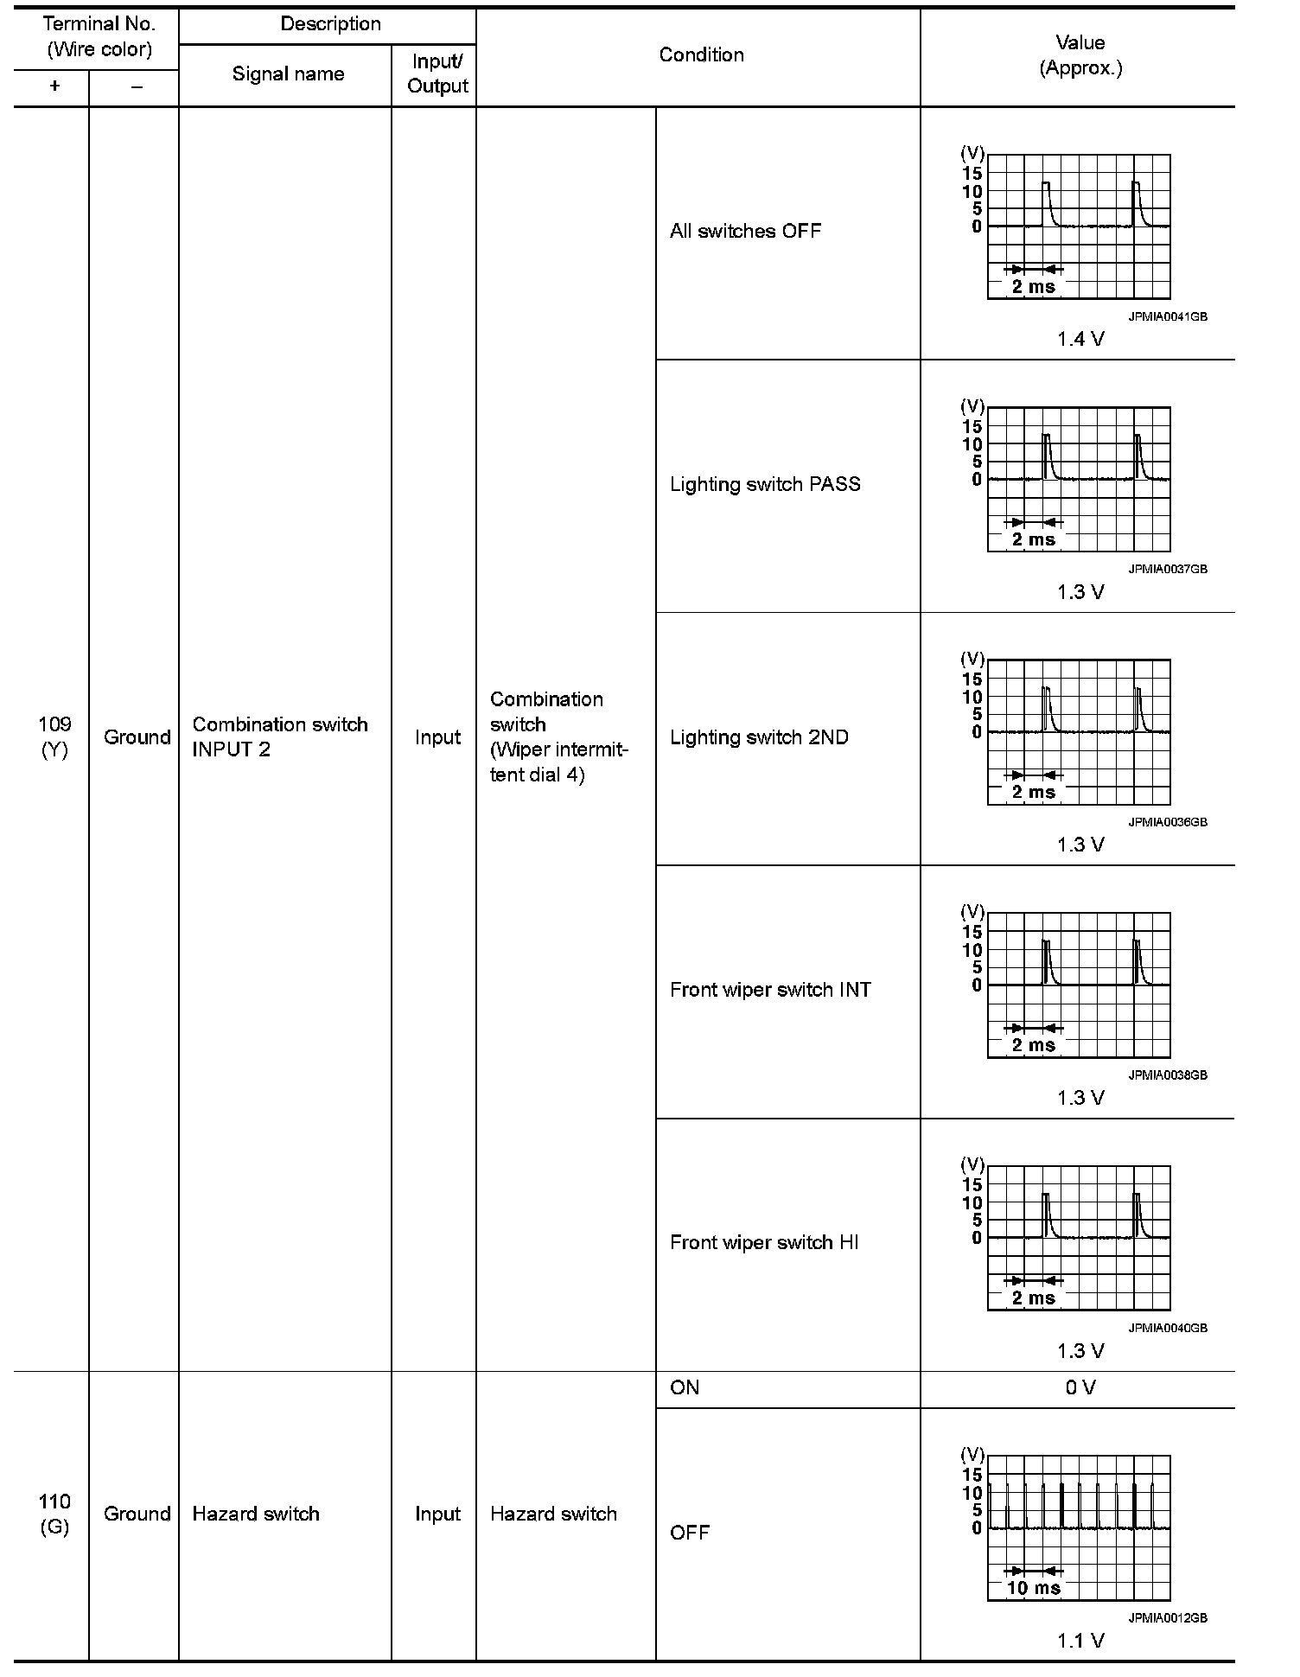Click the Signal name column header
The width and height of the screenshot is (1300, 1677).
coord(288,74)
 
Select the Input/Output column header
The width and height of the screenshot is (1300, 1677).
coord(437,74)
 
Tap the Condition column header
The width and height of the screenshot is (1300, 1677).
coord(701,55)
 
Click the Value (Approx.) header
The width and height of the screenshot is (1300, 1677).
coord(1080,55)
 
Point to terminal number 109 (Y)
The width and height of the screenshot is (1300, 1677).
coord(54,736)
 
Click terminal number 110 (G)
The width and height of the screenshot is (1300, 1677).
coord(54,1514)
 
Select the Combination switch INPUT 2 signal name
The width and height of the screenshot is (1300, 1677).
coord(280,736)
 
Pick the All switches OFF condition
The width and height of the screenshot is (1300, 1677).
coord(745,232)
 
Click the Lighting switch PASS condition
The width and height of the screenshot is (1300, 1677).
coord(765,484)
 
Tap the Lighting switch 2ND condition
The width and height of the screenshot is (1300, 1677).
coord(759,737)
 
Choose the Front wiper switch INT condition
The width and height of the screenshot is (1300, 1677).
coord(770,990)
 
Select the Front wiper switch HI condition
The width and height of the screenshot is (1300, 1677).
coord(764,1243)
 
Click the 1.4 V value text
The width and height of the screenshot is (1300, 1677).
coord(1080,340)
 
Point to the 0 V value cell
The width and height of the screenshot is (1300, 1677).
coord(1080,1388)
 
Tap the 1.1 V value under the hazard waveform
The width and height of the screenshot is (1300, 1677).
coord(1080,1641)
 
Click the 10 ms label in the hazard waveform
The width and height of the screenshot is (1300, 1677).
coord(1034,1588)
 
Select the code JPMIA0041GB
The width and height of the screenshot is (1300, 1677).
coord(1167,317)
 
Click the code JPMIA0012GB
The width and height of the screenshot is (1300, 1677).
coord(1167,1618)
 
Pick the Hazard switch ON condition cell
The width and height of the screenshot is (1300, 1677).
coord(685,1388)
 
